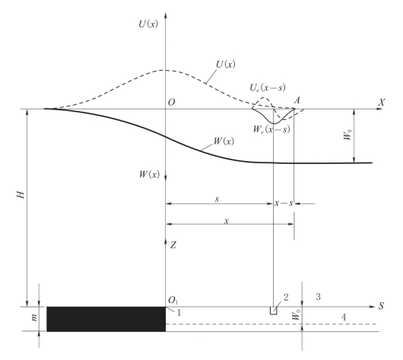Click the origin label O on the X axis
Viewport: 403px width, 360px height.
pyautogui.click(x=171, y=103)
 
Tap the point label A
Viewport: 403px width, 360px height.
pyautogui.click(x=297, y=100)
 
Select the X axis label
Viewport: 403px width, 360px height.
pyautogui.click(x=382, y=103)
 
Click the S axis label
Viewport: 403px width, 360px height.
pyautogui.click(x=381, y=306)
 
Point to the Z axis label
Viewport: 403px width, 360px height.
pyautogui.click(x=173, y=245)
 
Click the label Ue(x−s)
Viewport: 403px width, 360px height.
pyautogui.click(x=268, y=88)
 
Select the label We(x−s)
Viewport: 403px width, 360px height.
pyautogui.click(x=271, y=129)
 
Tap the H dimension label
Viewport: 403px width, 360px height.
pyautogui.click(x=21, y=195)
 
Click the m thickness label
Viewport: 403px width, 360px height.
pyautogui.click(x=34, y=317)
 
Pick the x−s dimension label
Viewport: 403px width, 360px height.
pyautogui.click(x=284, y=203)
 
